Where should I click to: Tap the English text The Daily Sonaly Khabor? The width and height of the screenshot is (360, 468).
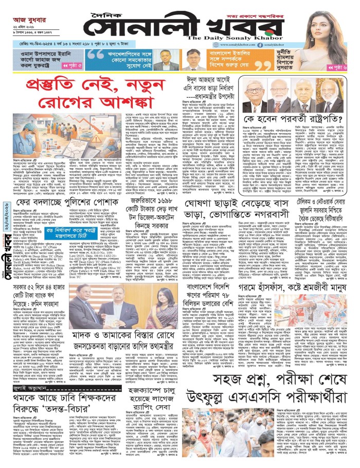[x=226, y=38]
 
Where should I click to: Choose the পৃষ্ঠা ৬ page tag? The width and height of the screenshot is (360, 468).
[x=341, y=67]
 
